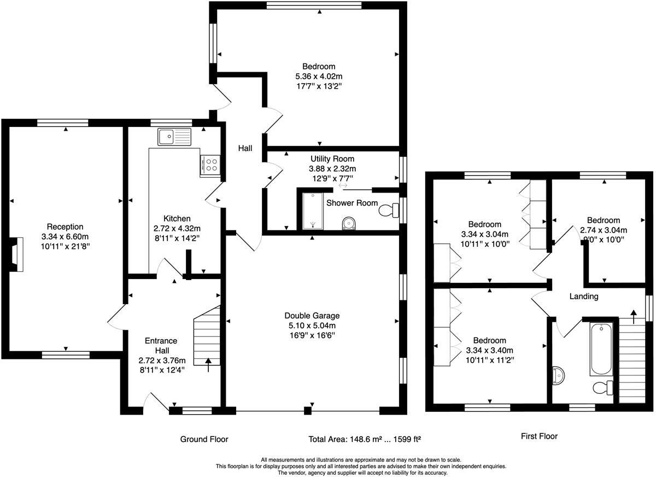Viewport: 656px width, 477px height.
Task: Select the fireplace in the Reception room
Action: tap(18, 254)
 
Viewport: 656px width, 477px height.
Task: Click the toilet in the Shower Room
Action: tap(390, 210)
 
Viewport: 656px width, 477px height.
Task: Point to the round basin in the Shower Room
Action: tap(347, 224)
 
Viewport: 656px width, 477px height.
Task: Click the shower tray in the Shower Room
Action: tap(313, 211)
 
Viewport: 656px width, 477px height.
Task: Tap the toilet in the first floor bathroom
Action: tap(603, 388)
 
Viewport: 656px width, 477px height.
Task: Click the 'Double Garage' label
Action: tap(312, 316)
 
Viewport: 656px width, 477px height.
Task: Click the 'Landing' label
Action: tap(584, 296)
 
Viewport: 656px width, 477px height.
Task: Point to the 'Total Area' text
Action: tap(364, 439)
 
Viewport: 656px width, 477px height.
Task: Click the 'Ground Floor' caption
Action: tap(204, 439)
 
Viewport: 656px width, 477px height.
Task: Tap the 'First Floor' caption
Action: tap(538, 436)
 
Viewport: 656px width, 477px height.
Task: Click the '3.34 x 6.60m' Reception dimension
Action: tap(65, 236)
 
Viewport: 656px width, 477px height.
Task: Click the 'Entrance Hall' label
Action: tap(161, 345)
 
